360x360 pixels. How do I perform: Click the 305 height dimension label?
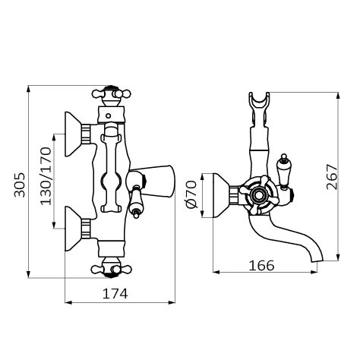click(20, 185)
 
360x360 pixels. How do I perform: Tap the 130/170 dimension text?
click(46, 176)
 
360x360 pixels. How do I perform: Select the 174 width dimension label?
click(115, 294)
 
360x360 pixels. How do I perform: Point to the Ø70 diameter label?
click(191, 194)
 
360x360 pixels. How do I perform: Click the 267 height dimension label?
click(332, 177)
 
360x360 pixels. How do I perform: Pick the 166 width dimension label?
click(261, 266)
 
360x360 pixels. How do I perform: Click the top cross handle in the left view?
click(112, 95)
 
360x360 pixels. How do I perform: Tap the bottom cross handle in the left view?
click(112, 268)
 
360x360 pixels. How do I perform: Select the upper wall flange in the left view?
click(73, 134)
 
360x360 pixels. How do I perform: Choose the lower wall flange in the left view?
click(73, 229)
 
